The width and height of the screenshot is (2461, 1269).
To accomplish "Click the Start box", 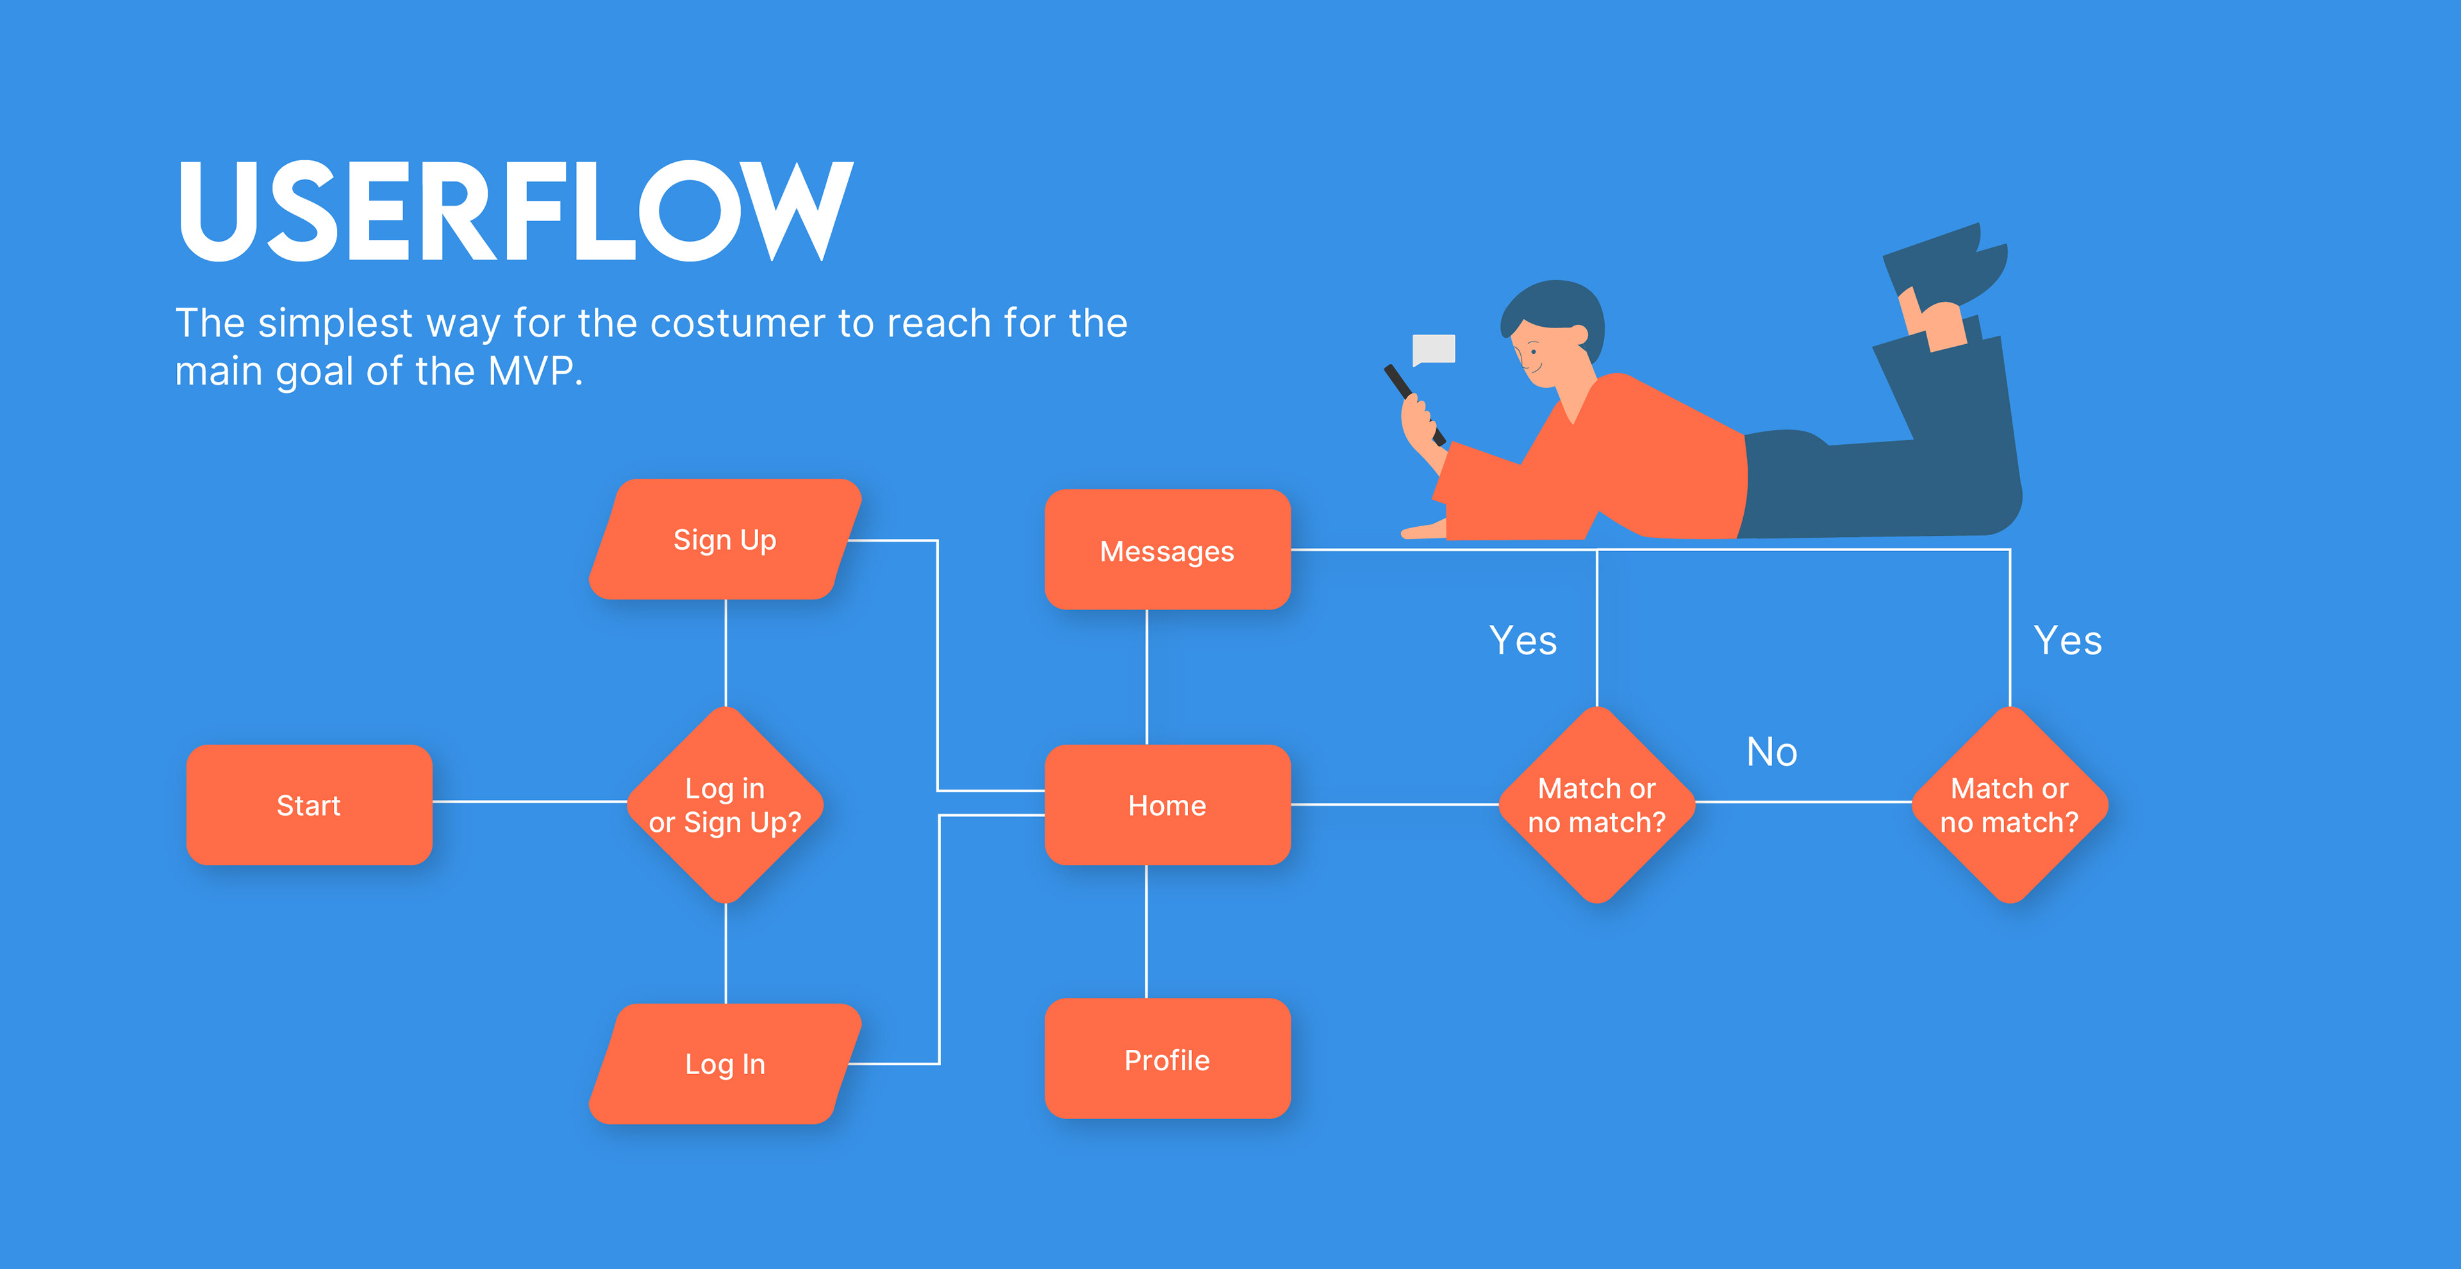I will coord(308,804).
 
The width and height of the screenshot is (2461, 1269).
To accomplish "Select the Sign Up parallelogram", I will coord(725,540).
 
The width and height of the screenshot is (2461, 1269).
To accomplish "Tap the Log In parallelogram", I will coord(725,1063).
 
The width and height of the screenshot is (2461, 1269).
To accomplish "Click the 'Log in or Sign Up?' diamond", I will coord(725,804).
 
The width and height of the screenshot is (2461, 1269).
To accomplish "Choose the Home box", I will coord(1166,804).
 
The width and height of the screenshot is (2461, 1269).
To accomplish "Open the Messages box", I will coord(1166,551).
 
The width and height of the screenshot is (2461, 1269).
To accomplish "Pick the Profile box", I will coord(1166,1059).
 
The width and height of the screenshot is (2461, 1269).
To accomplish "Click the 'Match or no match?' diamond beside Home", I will coord(1596,804).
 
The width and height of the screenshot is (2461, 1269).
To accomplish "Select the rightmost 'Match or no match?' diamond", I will coord(2009,804).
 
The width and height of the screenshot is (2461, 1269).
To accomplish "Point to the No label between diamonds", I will coord(1771,752).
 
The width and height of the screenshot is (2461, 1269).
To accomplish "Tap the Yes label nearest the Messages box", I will coord(1523,640).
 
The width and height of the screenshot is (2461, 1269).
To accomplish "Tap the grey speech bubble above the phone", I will coord(1433,349).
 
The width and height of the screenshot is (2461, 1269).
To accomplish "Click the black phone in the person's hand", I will coord(1412,401).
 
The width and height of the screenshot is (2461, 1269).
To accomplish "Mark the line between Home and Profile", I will coord(1147,932).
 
